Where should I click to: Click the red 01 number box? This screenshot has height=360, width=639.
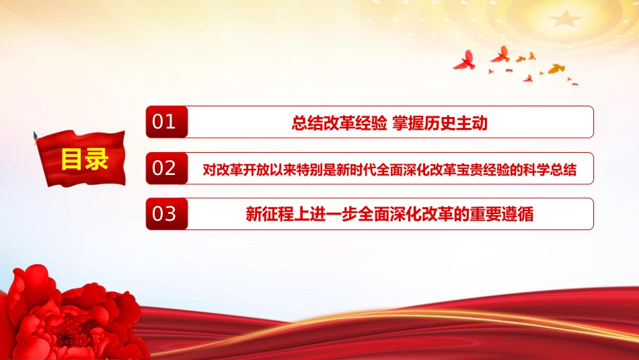point(167,122)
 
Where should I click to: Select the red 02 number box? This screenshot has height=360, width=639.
point(167,168)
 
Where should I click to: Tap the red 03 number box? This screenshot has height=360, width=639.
point(167,214)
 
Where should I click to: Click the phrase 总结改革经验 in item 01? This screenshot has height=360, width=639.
point(339,122)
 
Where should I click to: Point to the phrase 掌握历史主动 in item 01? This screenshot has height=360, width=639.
point(440,122)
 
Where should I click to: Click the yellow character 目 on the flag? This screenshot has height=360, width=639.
point(72,159)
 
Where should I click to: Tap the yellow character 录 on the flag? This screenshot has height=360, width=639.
point(97,159)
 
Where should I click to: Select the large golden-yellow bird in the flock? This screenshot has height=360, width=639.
point(556,69)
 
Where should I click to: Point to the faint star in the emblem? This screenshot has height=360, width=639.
point(565,19)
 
